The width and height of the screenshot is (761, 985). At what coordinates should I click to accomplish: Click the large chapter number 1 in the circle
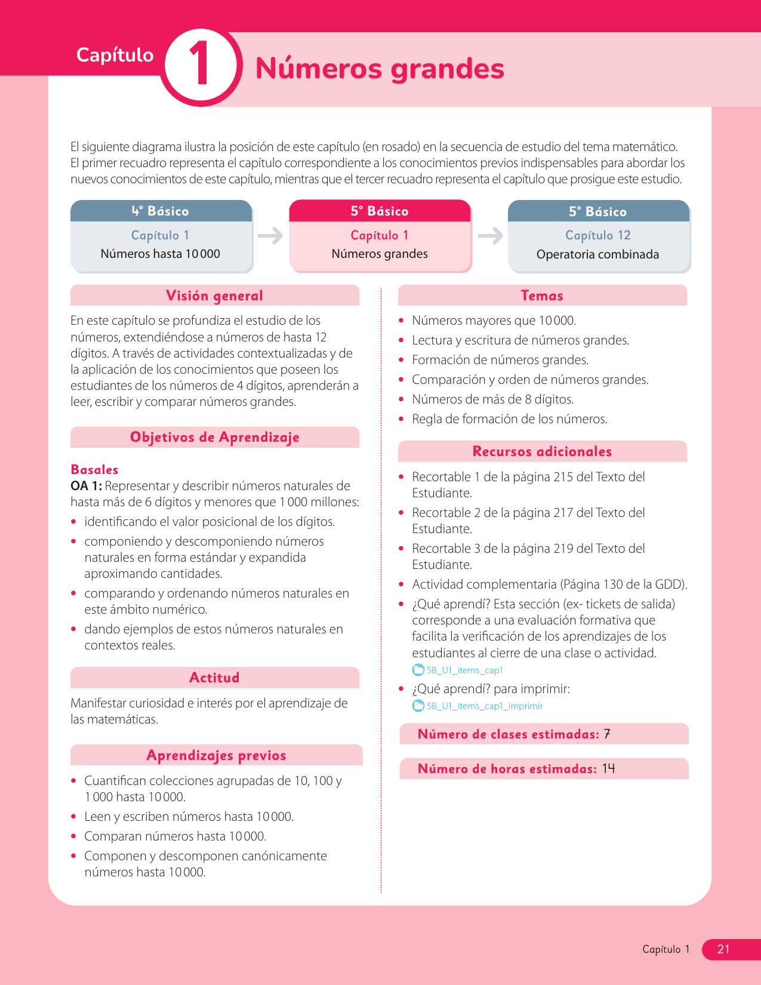pyautogui.click(x=200, y=65)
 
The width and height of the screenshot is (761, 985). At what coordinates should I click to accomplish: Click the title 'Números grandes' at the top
pyautogui.click(x=380, y=68)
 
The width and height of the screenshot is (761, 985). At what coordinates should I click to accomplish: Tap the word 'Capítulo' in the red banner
pyautogui.click(x=115, y=55)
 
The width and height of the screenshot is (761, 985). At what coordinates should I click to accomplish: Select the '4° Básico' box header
pyautogui.click(x=161, y=211)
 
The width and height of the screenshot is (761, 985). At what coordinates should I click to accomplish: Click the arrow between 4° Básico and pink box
pyautogui.click(x=270, y=236)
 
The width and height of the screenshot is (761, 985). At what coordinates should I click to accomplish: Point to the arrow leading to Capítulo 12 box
pyautogui.click(x=490, y=236)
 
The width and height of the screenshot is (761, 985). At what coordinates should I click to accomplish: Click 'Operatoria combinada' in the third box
pyautogui.click(x=597, y=254)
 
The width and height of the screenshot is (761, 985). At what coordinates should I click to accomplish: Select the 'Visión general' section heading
pyautogui.click(x=214, y=295)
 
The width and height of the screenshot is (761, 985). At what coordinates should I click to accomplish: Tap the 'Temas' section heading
pyautogui.click(x=542, y=295)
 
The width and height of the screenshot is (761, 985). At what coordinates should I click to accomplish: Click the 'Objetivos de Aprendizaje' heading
pyautogui.click(x=214, y=437)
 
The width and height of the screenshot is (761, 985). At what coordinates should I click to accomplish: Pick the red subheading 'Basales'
pyautogui.click(x=94, y=469)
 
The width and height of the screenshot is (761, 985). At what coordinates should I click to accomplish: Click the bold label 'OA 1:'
pyautogui.click(x=86, y=486)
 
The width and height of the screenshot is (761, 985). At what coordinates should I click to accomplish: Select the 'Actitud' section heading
pyautogui.click(x=214, y=678)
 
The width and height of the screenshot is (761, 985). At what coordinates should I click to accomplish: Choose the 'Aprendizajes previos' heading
pyautogui.click(x=216, y=755)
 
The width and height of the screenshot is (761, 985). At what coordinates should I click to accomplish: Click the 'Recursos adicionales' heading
pyautogui.click(x=542, y=451)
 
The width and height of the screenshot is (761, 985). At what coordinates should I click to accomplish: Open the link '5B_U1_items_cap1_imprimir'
pyautogui.click(x=484, y=706)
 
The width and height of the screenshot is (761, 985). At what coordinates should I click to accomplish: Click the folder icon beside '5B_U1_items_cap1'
pyautogui.click(x=418, y=670)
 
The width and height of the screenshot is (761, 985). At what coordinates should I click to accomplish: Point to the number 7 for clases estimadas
pyautogui.click(x=607, y=734)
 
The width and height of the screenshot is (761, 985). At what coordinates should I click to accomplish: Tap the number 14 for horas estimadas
pyautogui.click(x=608, y=768)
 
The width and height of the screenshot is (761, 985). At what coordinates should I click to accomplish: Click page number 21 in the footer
pyautogui.click(x=723, y=949)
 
